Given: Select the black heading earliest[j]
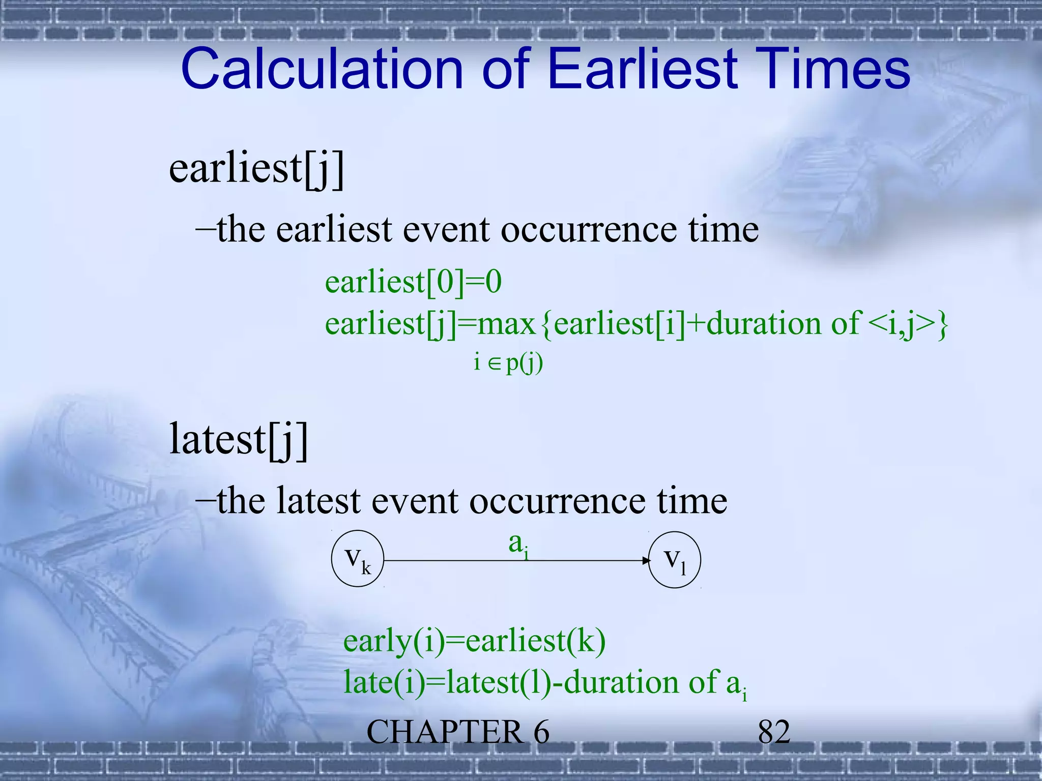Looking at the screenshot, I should point(256,169).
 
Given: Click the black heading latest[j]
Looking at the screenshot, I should point(239,440).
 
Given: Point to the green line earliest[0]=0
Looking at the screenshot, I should point(413,282).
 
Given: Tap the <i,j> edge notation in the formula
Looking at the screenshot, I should point(900,324).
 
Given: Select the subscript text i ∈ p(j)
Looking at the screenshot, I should point(508,363).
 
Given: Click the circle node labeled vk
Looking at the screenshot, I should point(358,559).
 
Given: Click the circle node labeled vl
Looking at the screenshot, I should point(675,559).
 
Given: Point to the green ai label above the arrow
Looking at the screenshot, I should point(518,545).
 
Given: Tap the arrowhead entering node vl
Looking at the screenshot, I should point(646,560).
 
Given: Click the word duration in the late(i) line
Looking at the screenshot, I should point(621,682).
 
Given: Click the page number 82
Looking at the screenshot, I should point(774,732).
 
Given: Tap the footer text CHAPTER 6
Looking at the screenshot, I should point(457,732).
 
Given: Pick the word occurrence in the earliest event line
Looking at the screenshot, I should point(589,230).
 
